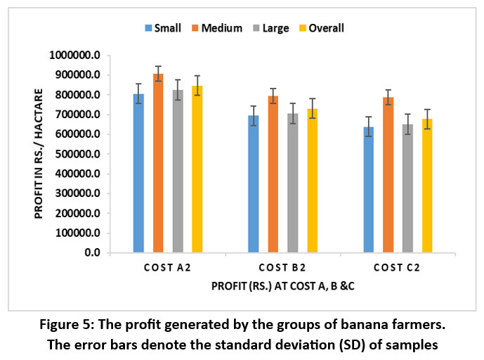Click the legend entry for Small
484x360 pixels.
(x=165, y=28)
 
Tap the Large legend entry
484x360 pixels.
(x=273, y=28)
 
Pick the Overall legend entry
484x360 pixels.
(x=319, y=28)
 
